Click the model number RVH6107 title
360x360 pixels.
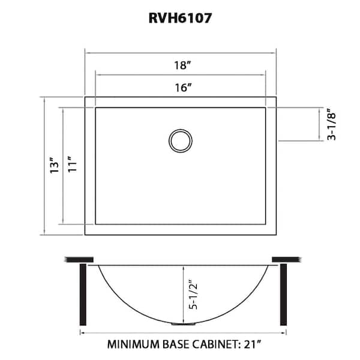click(x=180, y=18)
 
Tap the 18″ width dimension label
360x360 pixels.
click(x=182, y=65)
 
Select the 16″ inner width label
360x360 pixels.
click(x=183, y=88)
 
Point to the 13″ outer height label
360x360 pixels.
click(x=55, y=165)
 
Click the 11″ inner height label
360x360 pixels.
click(x=73, y=164)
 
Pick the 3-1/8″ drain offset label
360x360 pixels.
click(x=332, y=124)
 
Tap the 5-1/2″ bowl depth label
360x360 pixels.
click(x=193, y=294)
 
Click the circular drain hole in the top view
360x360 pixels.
click(x=181, y=141)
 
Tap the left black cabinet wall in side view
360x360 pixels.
click(x=83, y=295)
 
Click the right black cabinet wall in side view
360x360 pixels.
click(x=284, y=295)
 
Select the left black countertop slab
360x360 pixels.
click(x=79, y=260)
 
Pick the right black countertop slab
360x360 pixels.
click(x=287, y=259)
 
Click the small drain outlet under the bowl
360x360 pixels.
click(x=184, y=324)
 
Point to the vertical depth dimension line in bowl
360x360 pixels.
click(x=183, y=294)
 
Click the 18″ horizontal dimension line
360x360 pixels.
click(x=181, y=53)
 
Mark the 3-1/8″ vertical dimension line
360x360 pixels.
click(x=319, y=124)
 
